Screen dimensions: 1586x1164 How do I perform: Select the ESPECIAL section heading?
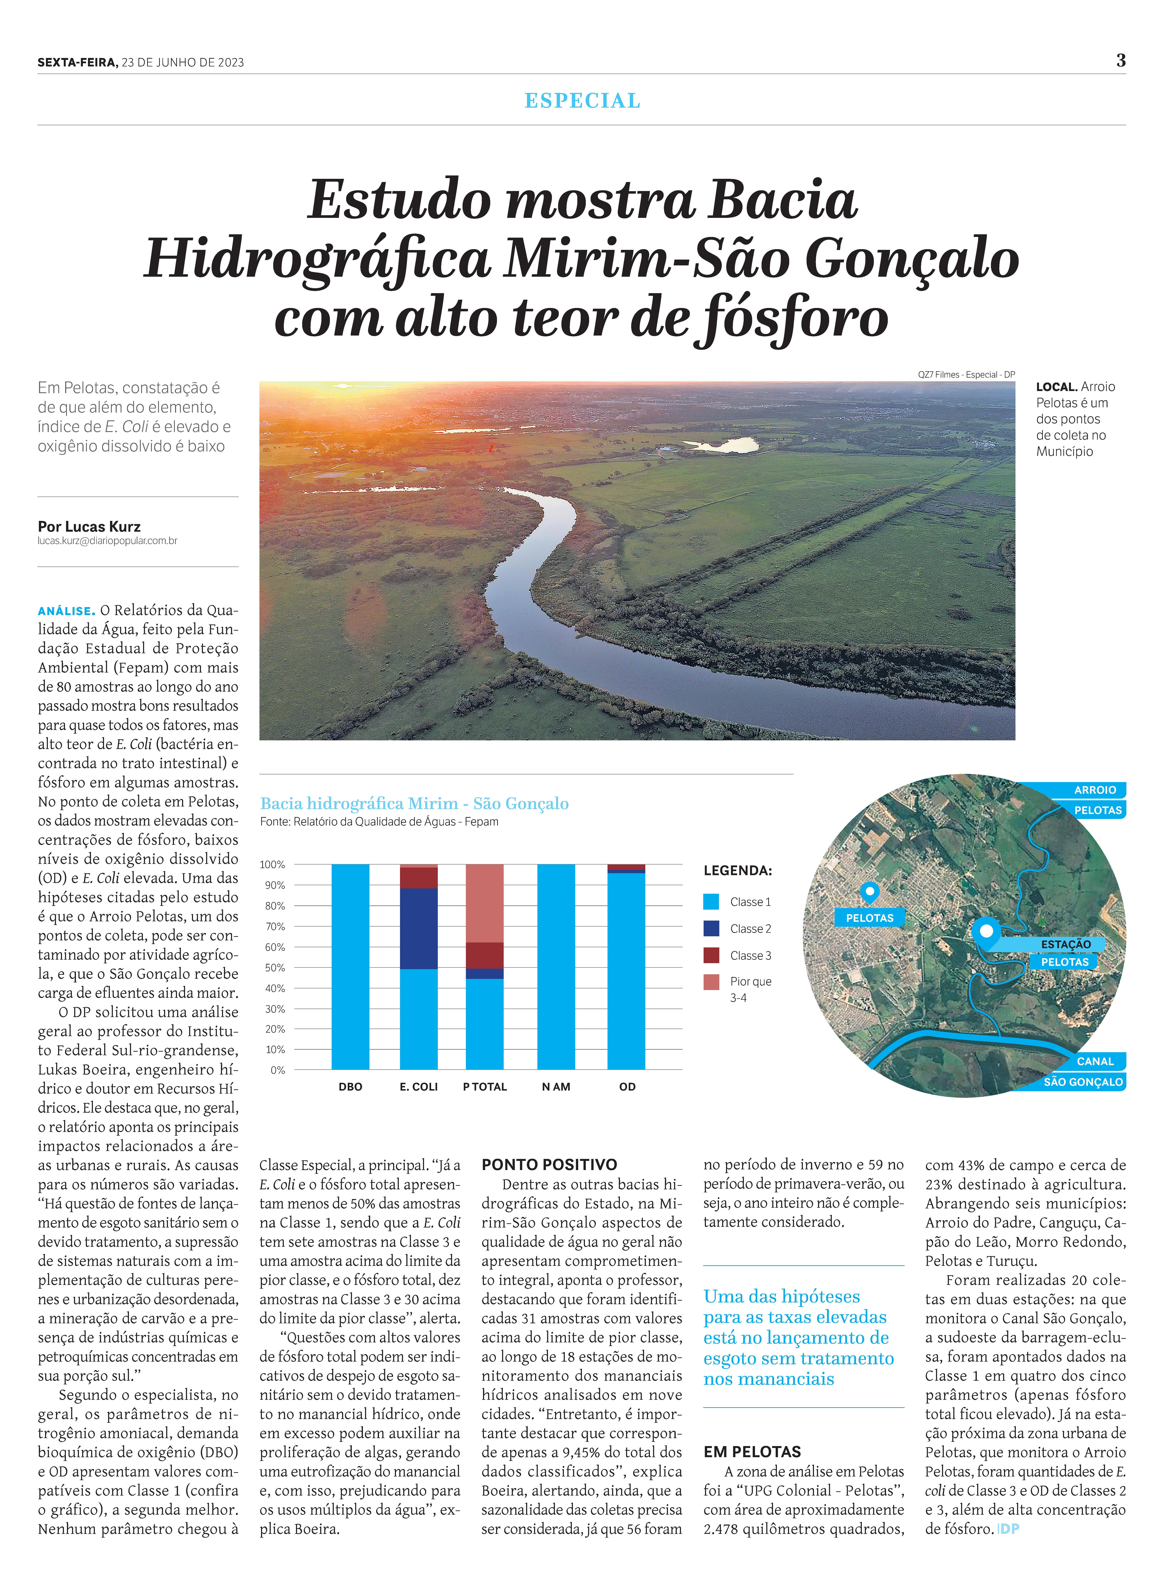[x=582, y=101]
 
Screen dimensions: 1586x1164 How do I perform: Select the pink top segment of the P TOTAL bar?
[x=485, y=902]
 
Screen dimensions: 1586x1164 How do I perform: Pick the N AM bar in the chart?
[x=556, y=966]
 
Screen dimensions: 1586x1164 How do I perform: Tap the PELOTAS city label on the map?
[x=869, y=918]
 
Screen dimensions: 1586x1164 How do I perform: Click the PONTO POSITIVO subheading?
[x=549, y=1164]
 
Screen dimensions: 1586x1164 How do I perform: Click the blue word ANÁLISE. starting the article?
[x=66, y=611]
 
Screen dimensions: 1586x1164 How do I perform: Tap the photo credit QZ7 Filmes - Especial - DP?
[x=966, y=374]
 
